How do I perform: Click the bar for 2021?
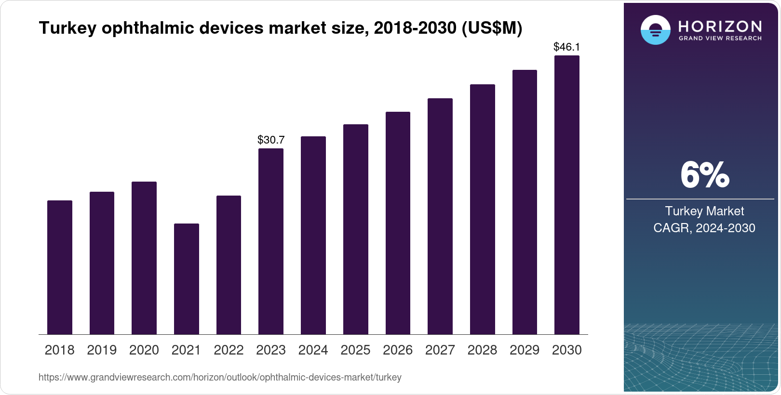(186, 279)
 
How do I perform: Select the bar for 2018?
(59, 267)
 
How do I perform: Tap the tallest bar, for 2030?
(566, 195)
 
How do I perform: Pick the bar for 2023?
(270, 241)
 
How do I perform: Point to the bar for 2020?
(144, 258)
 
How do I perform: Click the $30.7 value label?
(271, 140)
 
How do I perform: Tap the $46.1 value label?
(566, 47)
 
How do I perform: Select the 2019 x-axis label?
(102, 350)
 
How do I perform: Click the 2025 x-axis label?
(355, 350)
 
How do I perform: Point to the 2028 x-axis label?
(482, 350)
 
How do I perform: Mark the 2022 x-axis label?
(229, 350)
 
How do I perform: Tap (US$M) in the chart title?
(492, 28)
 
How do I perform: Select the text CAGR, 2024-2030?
(704, 228)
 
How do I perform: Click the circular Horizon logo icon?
(655, 30)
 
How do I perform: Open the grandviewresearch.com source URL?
(220, 377)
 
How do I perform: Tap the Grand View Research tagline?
(720, 39)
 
